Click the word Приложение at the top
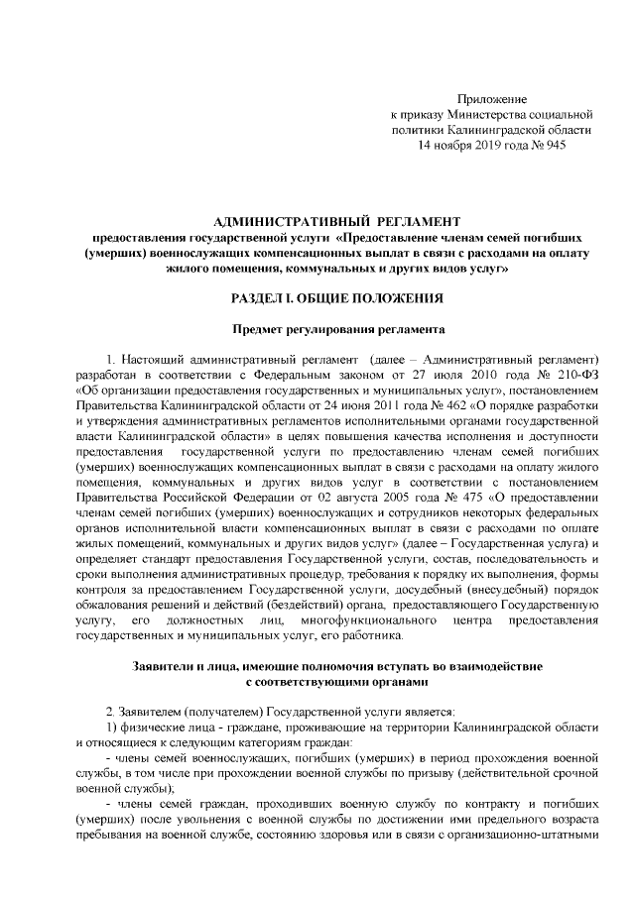click(491, 99)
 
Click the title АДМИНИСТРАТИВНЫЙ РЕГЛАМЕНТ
click(337, 220)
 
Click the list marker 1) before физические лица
click(112, 729)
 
